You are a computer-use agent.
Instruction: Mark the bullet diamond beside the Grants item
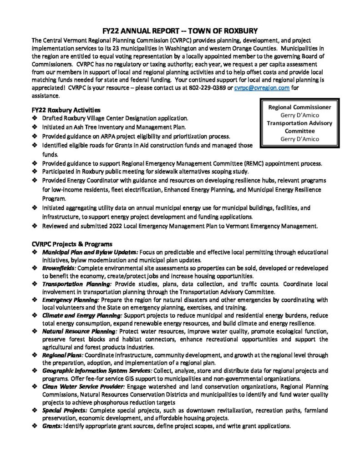click(x=35, y=426)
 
